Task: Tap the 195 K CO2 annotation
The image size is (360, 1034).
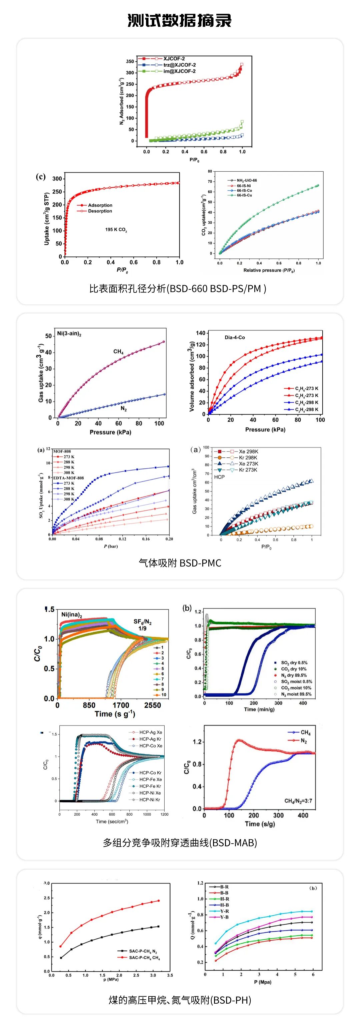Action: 116,230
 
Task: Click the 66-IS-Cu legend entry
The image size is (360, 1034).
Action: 244,195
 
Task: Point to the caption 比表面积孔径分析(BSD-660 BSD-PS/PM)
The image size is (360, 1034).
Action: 178,288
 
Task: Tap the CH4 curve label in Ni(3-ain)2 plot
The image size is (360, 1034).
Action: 118,352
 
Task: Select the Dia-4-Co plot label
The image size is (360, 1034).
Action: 235,337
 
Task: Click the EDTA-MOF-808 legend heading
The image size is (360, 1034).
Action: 69,478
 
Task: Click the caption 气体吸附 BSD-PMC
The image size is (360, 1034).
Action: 180,563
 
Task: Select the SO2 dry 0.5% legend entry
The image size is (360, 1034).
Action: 294,663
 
